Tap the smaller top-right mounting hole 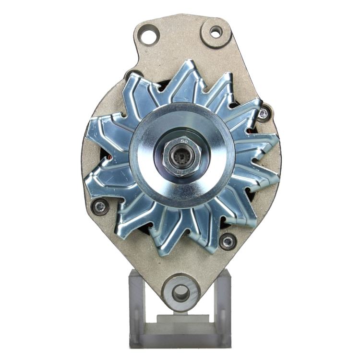[x=216, y=32]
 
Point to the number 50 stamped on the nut [x=184, y=141]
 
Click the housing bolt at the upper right [x=263, y=114]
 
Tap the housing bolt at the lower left [x=100, y=207]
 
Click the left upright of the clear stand [x=137, y=307]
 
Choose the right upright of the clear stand [x=223, y=307]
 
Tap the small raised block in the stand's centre [x=180, y=319]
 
